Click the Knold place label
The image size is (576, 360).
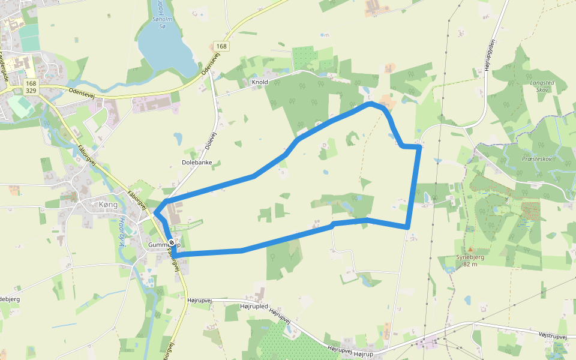tap(260, 82)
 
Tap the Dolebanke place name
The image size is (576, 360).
tap(197, 163)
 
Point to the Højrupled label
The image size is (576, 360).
tap(254, 306)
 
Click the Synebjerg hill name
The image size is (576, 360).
tap(469, 257)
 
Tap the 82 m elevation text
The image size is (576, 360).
tap(470, 265)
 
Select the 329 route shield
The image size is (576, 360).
tap(31, 91)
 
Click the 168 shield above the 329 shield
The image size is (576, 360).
tap(31, 82)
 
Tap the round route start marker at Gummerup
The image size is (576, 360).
tap(172, 242)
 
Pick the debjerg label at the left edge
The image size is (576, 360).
tap(11, 298)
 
